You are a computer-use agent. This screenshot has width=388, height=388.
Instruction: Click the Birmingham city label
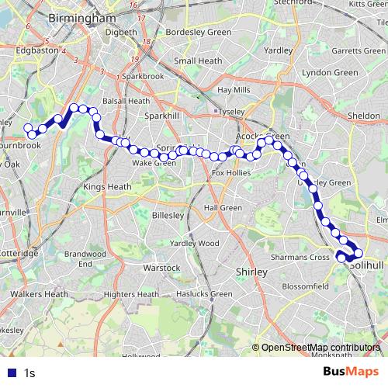(x=81, y=17)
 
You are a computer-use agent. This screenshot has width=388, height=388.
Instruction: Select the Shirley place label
(x=251, y=272)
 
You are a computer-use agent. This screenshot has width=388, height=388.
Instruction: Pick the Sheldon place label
(x=364, y=115)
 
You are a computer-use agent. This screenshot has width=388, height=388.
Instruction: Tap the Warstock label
(x=162, y=268)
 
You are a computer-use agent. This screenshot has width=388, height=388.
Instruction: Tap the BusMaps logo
(x=352, y=372)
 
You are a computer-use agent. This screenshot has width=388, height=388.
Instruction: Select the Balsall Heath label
(x=127, y=101)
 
